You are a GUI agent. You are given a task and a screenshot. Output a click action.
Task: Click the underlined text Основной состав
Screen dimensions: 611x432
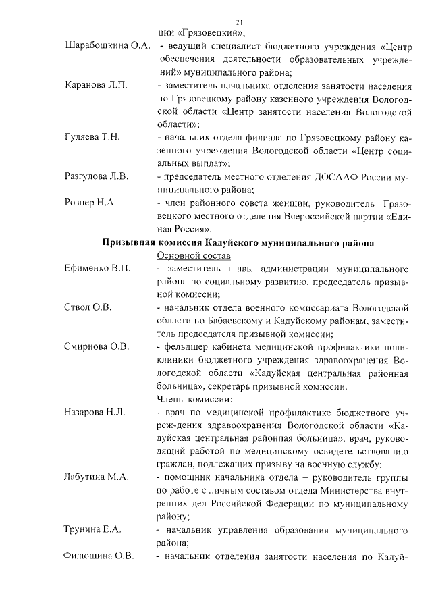coord(193,255)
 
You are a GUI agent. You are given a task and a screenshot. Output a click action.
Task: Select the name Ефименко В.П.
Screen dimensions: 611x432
coord(97,269)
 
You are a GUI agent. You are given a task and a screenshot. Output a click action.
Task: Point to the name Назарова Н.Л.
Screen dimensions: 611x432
coord(95,412)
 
